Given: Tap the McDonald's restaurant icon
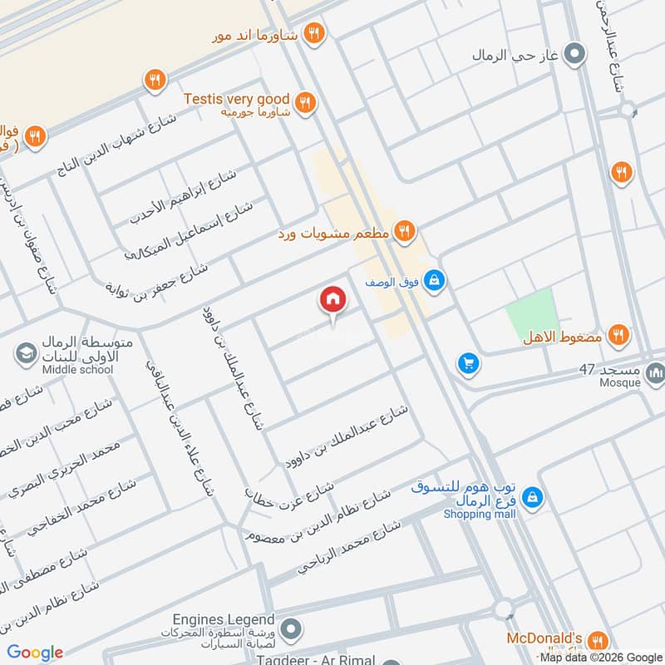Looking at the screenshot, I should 596,641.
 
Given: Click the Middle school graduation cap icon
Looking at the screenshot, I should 26,355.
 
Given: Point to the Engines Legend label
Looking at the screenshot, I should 223,619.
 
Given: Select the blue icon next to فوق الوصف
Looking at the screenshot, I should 433,282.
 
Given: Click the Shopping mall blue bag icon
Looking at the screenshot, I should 534,499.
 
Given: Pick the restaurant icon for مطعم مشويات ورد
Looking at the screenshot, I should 404,232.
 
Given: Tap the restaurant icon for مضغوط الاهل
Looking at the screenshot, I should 618,335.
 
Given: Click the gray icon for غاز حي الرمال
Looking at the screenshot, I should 574,56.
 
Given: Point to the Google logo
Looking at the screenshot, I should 35,653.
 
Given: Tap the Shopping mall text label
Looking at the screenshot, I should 480,515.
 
